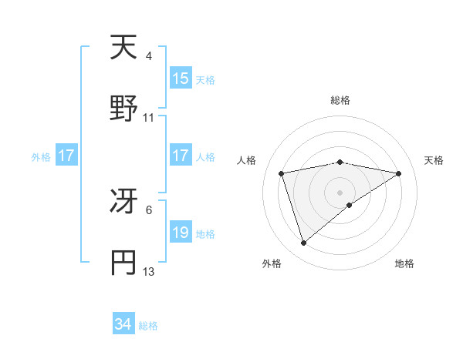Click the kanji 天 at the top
point(123,48)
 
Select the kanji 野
point(123,109)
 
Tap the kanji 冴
point(123,202)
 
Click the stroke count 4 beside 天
point(148,55)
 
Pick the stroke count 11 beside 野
point(148,118)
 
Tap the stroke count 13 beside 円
point(148,272)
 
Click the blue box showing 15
point(181,79)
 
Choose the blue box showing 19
point(181,233)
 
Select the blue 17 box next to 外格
point(66,156)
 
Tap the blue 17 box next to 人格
point(181,156)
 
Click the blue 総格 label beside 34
point(148,326)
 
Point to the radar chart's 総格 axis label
point(340,100)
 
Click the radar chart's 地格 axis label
point(404,263)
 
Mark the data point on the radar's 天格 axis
point(398,173)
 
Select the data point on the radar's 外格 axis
point(304,243)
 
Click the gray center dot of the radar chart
point(340,193)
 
